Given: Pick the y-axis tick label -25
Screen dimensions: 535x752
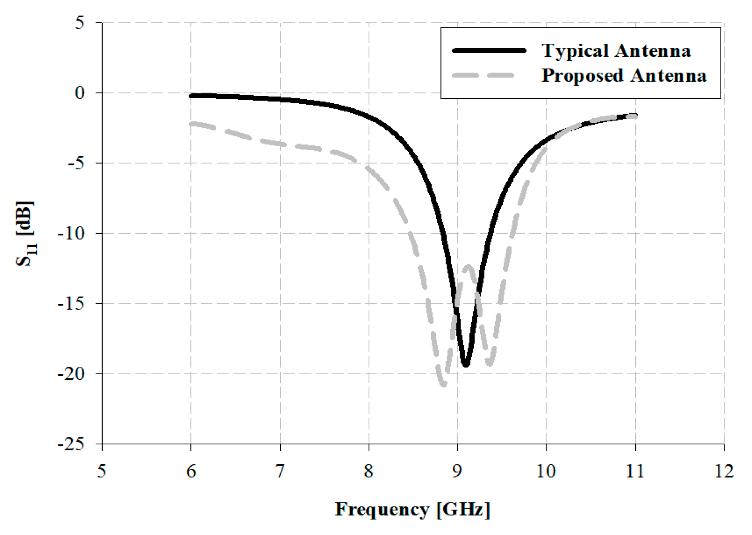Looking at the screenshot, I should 71,444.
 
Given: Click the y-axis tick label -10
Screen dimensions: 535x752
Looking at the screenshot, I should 71,233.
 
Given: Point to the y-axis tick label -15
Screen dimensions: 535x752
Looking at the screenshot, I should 71,303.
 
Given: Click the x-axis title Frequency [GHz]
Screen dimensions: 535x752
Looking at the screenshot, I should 413,509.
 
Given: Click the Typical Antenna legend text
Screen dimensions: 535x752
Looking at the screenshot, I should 616,51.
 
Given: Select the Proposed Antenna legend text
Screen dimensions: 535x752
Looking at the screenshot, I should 624,75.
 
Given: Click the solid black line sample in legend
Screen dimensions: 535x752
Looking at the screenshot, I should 489,51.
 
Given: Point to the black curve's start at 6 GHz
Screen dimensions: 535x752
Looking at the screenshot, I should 191,96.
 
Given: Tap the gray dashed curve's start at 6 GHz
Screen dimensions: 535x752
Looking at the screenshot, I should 191,124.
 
